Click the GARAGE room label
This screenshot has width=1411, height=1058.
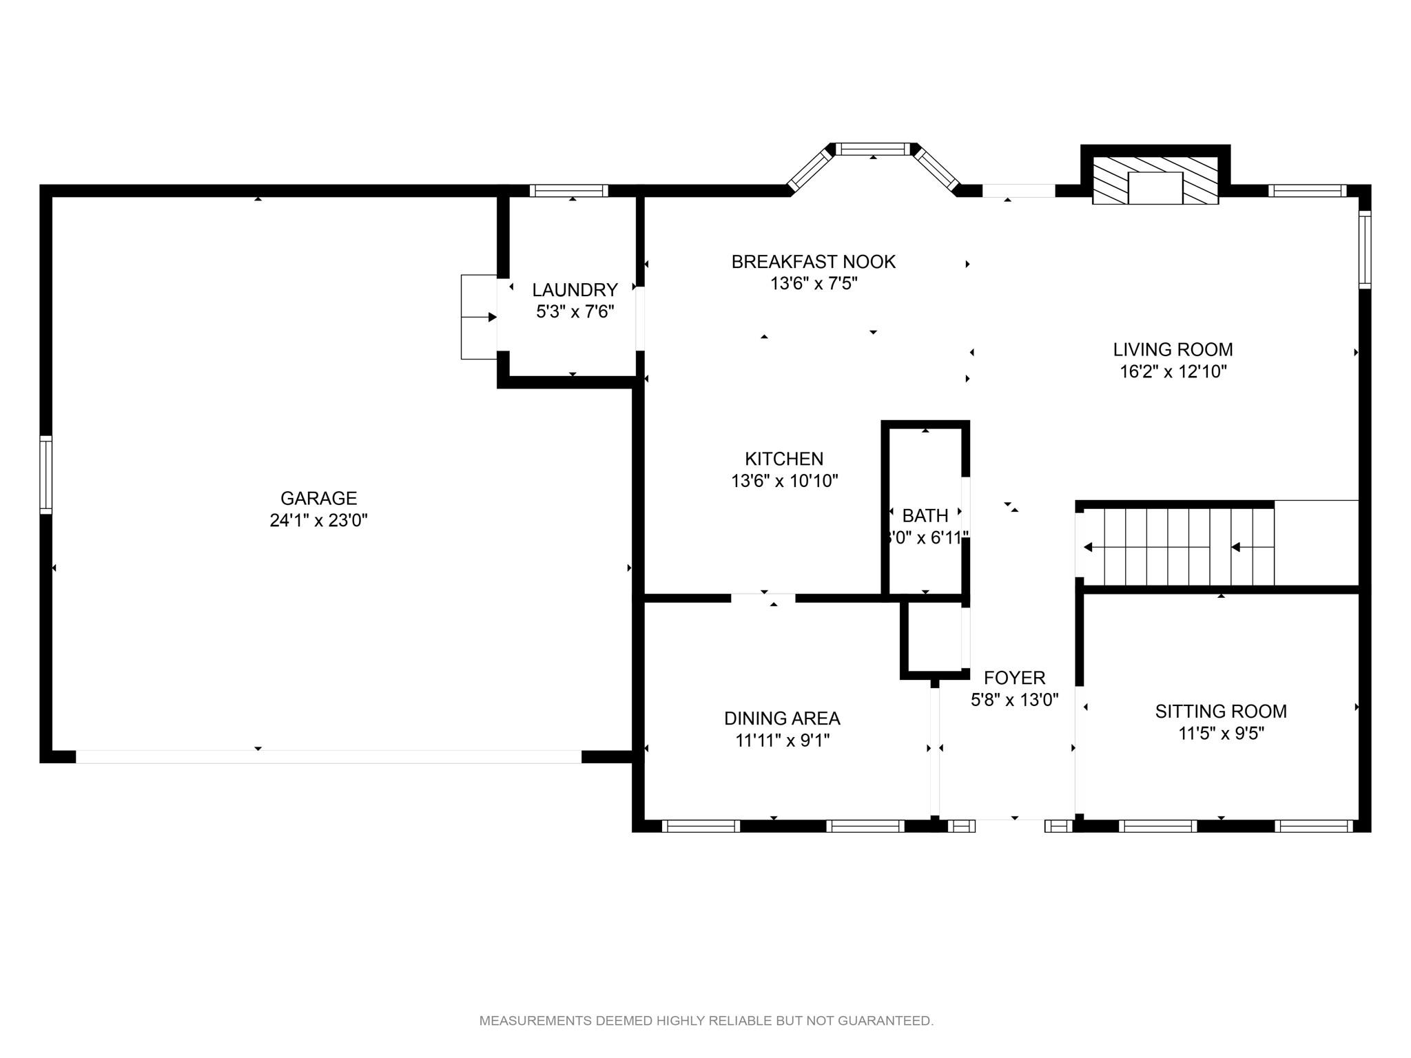318,498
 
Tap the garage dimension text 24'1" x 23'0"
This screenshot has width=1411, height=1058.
318,520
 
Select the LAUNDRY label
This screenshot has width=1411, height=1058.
575,290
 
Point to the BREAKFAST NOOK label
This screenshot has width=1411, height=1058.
813,262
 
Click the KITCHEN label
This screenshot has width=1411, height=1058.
784,459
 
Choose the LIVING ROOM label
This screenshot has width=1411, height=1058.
1173,349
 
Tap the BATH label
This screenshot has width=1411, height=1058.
925,515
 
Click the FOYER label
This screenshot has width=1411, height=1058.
1014,678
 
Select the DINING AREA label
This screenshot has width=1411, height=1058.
782,718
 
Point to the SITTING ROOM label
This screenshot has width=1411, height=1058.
1221,711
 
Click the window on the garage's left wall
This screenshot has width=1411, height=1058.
45,475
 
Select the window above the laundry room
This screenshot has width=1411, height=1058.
568,191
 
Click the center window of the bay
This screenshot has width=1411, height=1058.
873,149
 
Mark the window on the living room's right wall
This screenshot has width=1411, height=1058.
1365,249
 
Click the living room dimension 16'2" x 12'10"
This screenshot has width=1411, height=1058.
1173,372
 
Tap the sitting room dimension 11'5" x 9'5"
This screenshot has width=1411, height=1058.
1221,734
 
